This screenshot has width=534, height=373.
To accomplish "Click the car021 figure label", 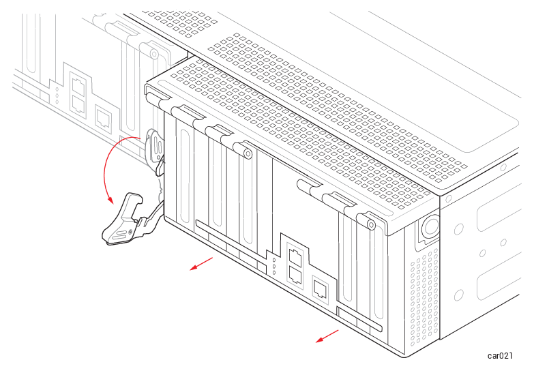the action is click(x=500, y=356).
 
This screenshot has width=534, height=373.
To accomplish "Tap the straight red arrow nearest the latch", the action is click(x=201, y=264).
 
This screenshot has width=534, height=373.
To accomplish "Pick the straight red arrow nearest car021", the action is click(x=327, y=336).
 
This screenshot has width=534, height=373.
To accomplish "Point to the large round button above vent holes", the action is click(x=431, y=226).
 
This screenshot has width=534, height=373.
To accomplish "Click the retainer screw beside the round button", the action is click(x=371, y=224).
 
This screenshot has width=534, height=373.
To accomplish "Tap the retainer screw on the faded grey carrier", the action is click(x=154, y=54).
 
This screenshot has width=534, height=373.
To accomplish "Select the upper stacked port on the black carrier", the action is click(x=295, y=257).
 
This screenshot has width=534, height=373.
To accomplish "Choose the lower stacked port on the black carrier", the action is click(x=295, y=275).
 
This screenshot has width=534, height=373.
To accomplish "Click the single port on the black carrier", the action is click(x=320, y=289).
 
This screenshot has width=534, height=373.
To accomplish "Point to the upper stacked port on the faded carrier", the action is click(x=78, y=85).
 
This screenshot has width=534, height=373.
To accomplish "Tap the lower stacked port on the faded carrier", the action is click(x=78, y=104).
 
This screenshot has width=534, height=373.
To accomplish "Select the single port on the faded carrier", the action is click(x=103, y=117).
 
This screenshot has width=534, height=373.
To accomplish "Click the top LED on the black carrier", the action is click(x=274, y=260).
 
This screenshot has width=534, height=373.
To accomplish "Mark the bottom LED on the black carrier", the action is click(x=274, y=273).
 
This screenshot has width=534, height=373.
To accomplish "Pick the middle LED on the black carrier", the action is click(x=274, y=267).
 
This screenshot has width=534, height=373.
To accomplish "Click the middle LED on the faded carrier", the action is click(x=57, y=95).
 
